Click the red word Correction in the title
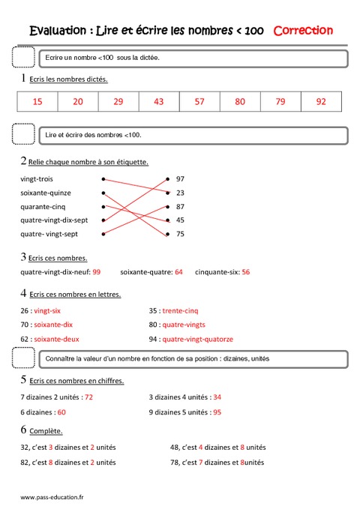point(304,31)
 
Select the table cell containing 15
point(37,101)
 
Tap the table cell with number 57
point(199,101)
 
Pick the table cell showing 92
point(321,101)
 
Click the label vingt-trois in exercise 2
point(37,179)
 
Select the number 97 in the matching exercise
point(180,179)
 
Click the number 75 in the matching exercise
point(180,234)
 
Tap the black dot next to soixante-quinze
point(103,193)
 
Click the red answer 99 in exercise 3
point(97,272)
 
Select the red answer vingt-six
point(47,310)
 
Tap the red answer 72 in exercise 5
point(88,396)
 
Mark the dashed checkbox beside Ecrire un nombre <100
point(24,58)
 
